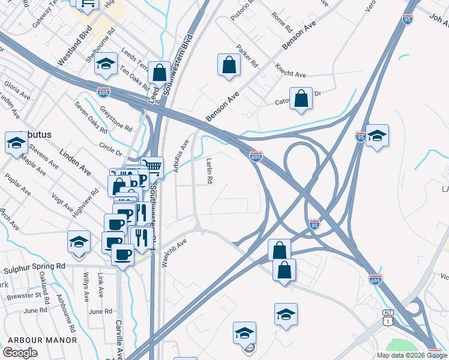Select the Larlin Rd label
[x=209, y=171]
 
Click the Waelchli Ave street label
[x=175, y=253]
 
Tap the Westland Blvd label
[x=74, y=46]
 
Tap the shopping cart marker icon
[x=152, y=167]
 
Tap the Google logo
[x=20, y=353]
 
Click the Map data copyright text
[x=412, y=355]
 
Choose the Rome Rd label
[x=281, y=22]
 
